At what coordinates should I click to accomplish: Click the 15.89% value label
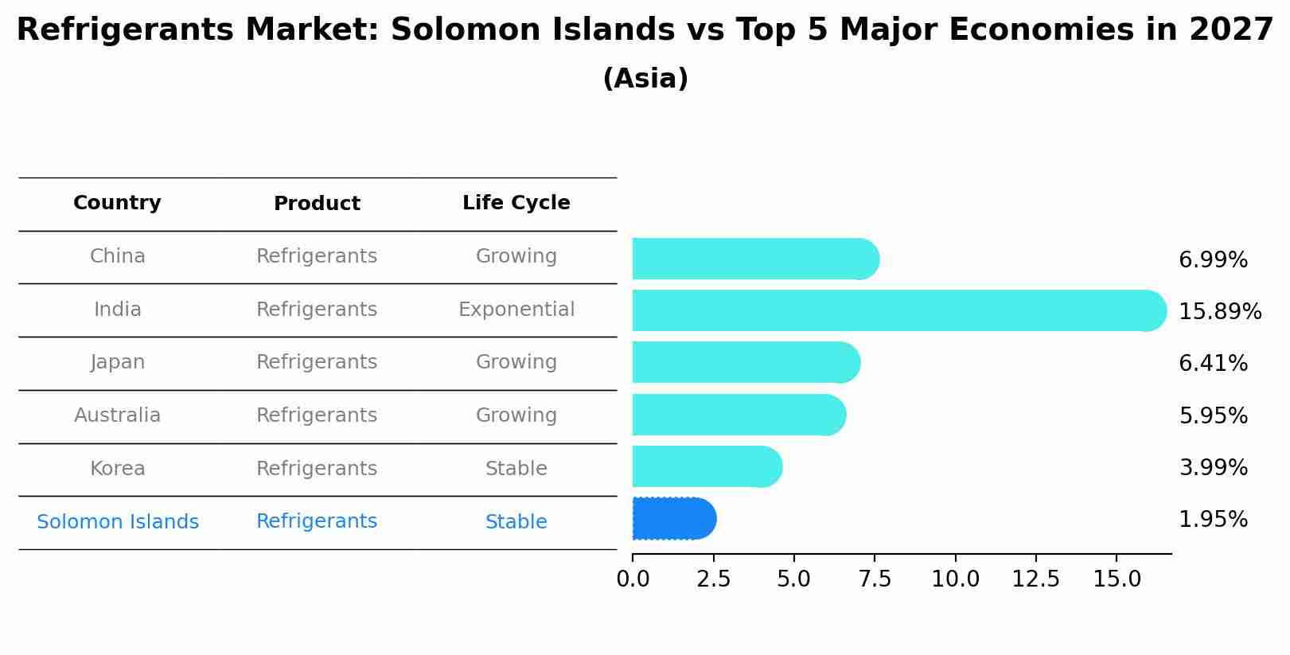(1219, 311)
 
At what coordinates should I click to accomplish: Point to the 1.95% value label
(1213, 520)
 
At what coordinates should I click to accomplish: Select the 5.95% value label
(1213, 415)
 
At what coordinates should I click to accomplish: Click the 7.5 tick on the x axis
(874, 579)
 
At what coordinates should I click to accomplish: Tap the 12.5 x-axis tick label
(1035, 579)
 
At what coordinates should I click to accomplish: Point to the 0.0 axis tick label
(633, 579)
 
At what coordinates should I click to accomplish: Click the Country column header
(117, 203)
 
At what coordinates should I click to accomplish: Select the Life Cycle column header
(516, 203)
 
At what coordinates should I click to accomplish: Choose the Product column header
(317, 204)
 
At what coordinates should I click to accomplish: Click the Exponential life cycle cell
(516, 310)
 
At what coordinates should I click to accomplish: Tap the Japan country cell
(118, 362)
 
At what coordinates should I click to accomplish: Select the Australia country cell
(118, 415)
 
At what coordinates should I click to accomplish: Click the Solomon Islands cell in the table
(118, 522)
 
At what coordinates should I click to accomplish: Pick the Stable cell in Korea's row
(516, 469)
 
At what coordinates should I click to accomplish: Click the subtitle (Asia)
(645, 79)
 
